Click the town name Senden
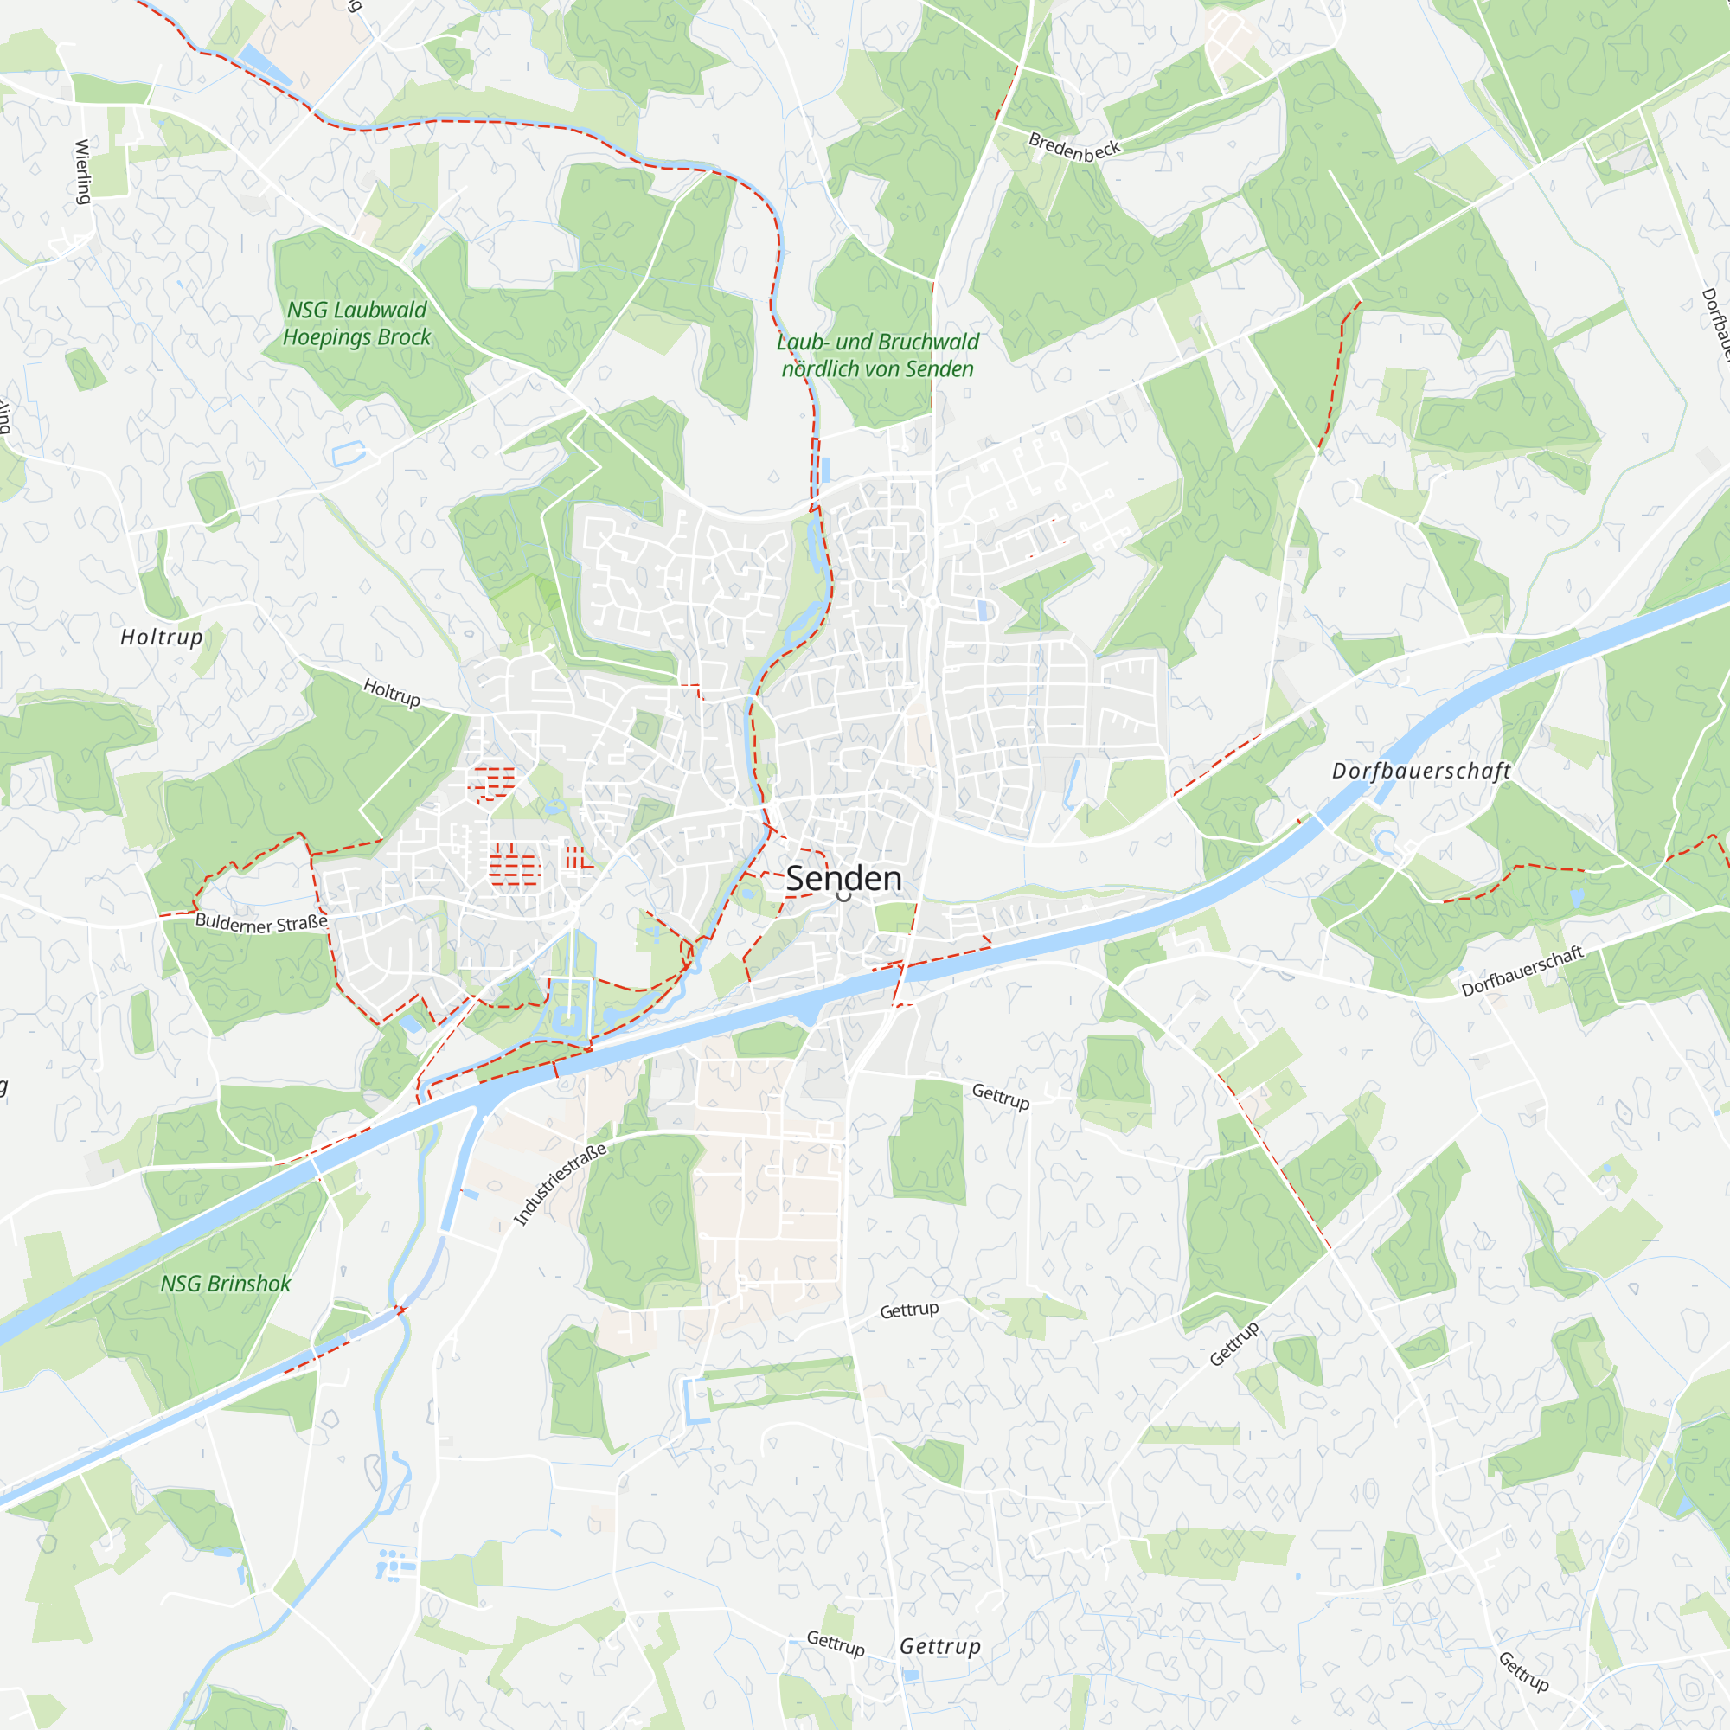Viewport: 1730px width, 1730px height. (843, 879)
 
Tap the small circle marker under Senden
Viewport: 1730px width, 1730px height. (843, 894)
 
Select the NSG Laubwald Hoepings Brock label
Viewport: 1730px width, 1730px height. (356, 324)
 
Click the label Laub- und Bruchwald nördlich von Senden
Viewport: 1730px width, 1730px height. (877, 356)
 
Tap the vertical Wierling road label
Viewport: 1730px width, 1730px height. (83, 172)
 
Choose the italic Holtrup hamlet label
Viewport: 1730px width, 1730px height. (162, 637)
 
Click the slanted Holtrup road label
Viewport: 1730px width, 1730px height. (391, 692)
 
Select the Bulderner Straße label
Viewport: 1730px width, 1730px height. (261, 922)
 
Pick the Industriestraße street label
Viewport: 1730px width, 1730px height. (561, 1184)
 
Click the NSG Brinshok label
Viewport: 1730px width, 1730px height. (226, 1283)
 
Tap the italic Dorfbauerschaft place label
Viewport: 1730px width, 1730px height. (1421, 771)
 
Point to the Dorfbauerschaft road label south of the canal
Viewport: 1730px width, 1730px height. (1522, 971)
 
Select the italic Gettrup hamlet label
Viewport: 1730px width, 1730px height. (940, 1646)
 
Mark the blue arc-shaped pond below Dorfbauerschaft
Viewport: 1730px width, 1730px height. (1386, 843)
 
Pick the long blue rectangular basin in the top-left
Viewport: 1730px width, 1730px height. (264, 67)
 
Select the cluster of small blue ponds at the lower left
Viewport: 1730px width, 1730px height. (396, 1563)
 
